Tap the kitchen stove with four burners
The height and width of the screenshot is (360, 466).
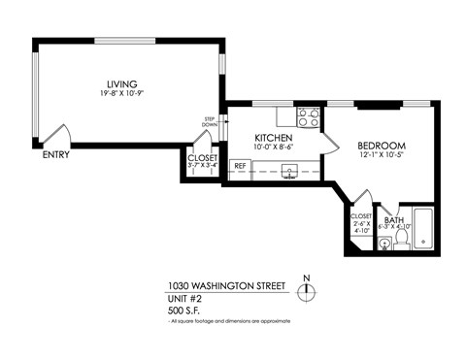coord(309,117)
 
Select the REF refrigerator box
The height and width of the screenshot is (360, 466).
coord(240,167)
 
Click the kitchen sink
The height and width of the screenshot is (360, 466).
coord(288,171)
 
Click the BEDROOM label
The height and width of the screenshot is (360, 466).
coord(381,146)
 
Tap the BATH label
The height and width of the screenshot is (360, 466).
coord(393,220)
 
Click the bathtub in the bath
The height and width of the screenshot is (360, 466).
coord(421,232)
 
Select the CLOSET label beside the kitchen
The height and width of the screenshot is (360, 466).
coord(202,157)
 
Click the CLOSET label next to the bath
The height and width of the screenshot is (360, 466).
coord(360,216)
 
